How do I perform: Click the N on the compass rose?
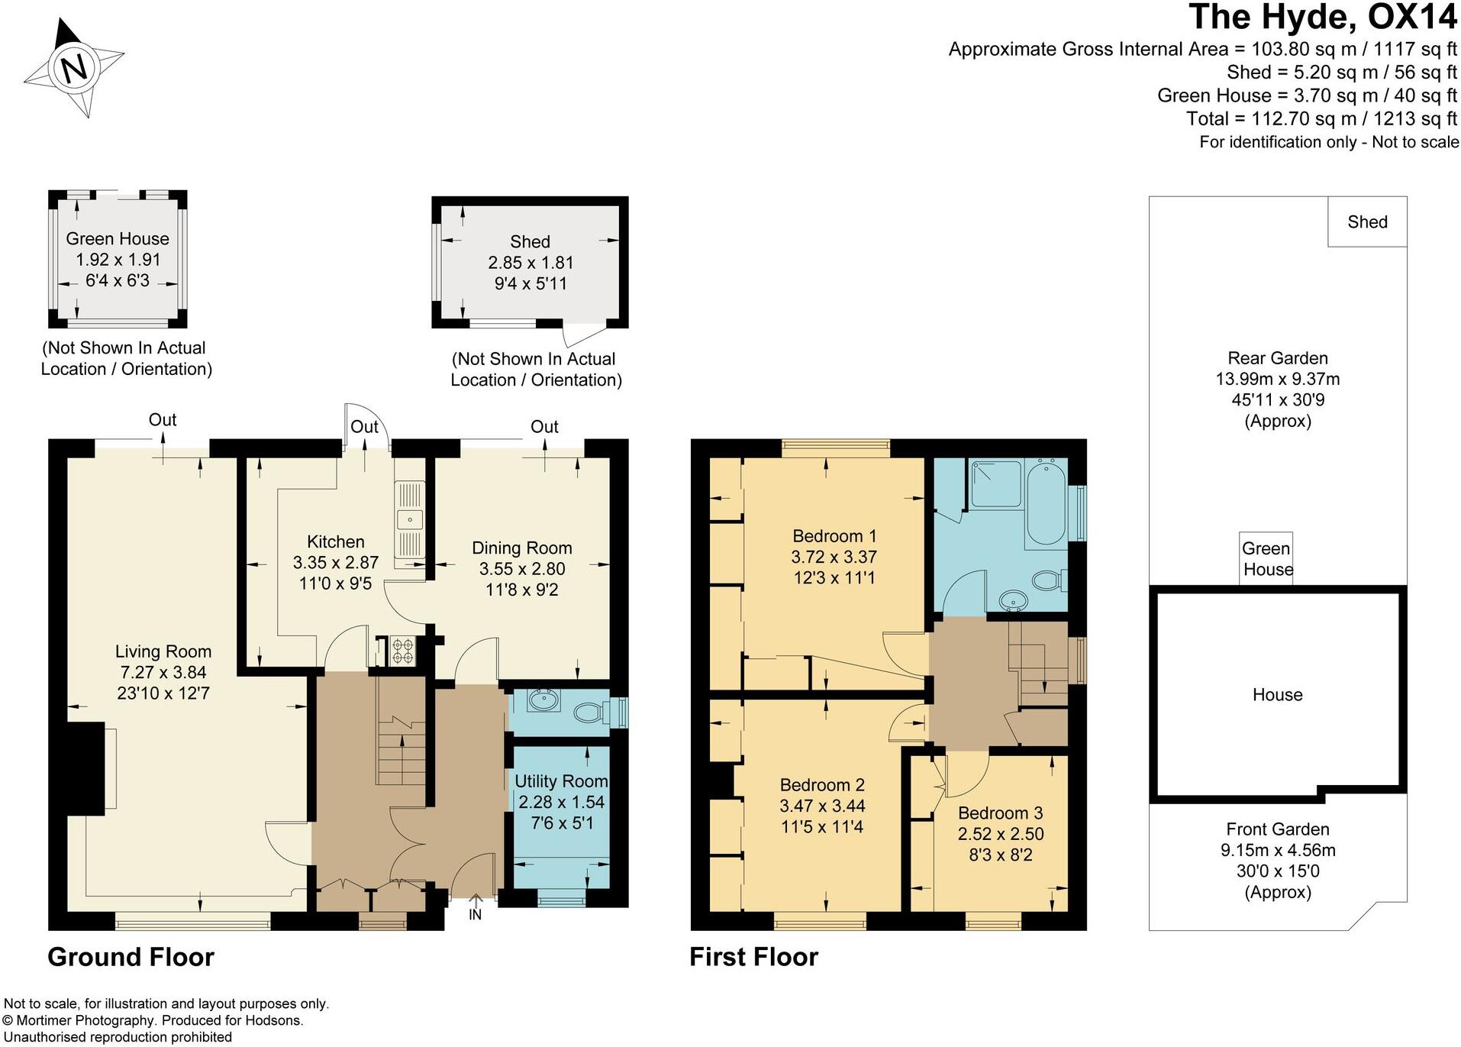tap(74, 69)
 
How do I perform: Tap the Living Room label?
tap(163, 651)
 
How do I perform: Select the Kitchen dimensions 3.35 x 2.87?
tap(335, 563)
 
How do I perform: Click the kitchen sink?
tap(409, 520)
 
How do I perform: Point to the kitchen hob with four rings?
tap(402, 651)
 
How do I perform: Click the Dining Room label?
tap(521, 548)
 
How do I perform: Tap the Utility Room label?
tap(561, 781)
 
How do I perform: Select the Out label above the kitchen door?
tap(364, 427)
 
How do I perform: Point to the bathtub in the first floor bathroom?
tap(1046, 503)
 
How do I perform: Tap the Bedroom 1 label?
tap(834, 535)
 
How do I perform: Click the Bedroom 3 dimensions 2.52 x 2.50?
tap(1000, 834)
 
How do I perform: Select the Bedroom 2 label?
tap(822, 785)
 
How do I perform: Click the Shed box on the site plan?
tap(1366, 222)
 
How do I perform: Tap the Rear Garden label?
tap(1277, 358)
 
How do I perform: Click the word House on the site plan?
tap(1277, 695)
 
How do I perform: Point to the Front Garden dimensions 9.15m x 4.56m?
tap(1277, 850)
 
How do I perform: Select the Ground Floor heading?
tap(131, 957)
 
